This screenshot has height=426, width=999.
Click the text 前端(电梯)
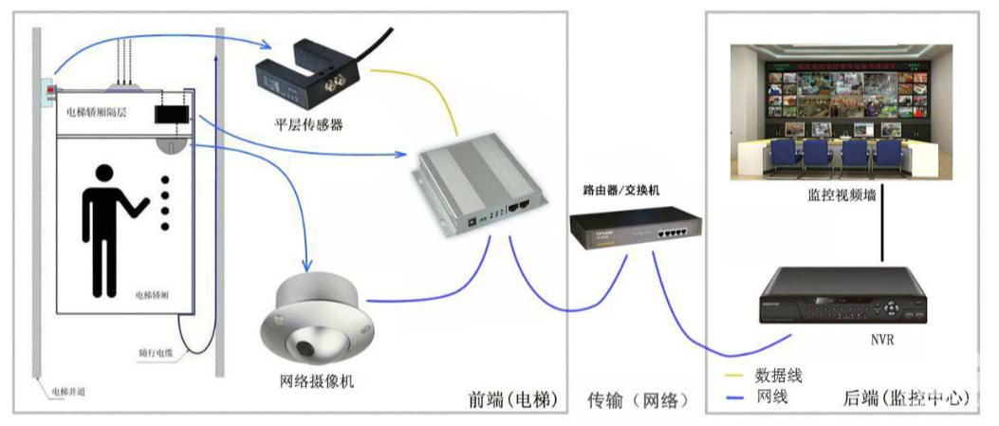coord(509,398)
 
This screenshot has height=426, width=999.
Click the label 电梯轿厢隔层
coord(98,113)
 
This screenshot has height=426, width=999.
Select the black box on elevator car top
coord(173,115)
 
